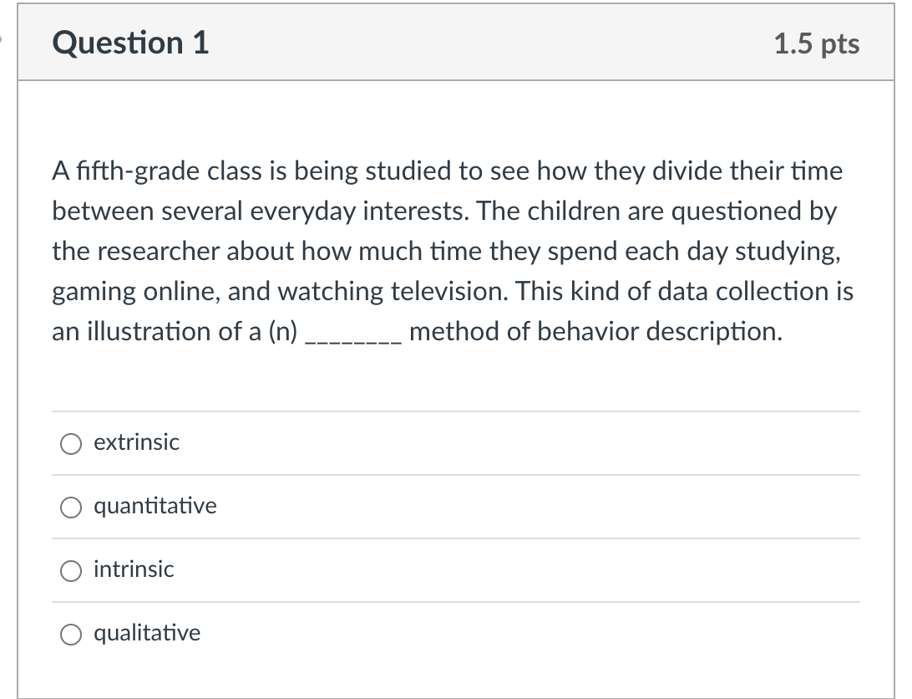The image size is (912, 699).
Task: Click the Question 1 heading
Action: coord(130,43)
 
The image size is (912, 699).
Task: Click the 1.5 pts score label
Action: coord(816,43)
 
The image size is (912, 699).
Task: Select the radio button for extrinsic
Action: coord(70,443)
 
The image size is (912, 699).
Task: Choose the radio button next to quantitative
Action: coord(70,507)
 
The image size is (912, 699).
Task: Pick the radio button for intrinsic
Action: coord(70,570)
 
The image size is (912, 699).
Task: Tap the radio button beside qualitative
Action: coord(70,634)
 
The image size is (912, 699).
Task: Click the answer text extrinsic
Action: coord(136,442)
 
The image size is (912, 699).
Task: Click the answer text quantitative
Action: coord(155,506)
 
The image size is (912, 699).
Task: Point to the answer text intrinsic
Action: coord(134,569)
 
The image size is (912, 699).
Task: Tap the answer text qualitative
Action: coord(147,633)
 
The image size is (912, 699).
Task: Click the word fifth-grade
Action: coord(137,171)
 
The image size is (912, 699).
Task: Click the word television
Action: coord(451,292)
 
